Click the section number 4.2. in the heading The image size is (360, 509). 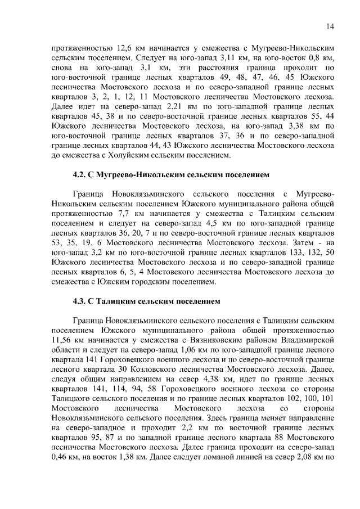pyautogui.click(x=82, y=175)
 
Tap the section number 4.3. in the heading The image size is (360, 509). pyautogui.click(x=82, y=301)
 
